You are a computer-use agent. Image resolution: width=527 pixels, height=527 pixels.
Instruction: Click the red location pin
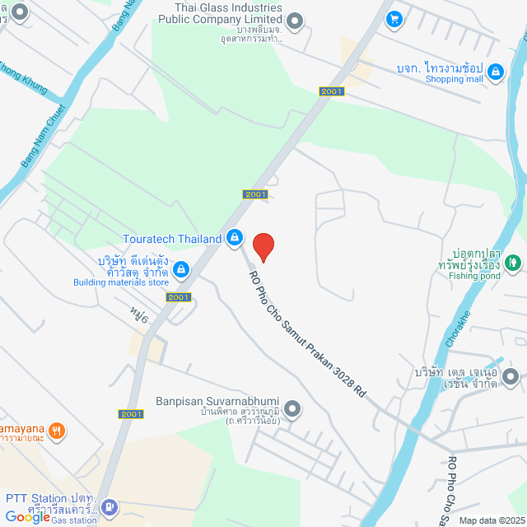click(263, 246)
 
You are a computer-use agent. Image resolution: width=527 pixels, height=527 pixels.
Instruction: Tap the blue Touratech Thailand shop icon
click(235, 238)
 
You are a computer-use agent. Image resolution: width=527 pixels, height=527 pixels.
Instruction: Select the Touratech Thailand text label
click(171, 239)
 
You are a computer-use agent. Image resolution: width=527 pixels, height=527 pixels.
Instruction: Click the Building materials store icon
click(181, 268)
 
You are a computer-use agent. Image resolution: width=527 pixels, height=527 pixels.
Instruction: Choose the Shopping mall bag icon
click(495, 73)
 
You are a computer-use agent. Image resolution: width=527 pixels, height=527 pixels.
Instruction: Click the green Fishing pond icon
click(512, 263)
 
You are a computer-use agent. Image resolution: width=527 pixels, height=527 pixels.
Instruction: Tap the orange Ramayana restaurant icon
click(56, 429)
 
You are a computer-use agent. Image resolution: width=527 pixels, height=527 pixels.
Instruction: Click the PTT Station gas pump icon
click(110, 507)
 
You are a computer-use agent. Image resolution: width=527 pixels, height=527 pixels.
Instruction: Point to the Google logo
click(26, 517)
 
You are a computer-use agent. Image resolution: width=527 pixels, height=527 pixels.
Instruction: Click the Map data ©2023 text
click(492, 520)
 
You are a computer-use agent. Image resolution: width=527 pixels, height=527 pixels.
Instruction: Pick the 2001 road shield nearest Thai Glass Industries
click(332, 91)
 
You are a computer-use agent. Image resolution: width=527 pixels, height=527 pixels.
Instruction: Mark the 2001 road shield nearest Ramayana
click(129, 414)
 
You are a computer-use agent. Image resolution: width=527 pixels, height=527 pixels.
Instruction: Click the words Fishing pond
click(474, 276)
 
